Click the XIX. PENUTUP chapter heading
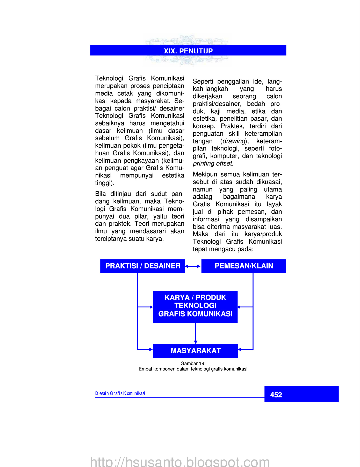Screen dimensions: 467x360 (188, 51)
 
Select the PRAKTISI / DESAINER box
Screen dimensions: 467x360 (142, 266)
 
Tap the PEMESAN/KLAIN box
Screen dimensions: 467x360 (244, 266)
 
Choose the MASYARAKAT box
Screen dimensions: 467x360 (196, 351)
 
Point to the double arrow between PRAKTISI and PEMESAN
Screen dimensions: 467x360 (193, 266)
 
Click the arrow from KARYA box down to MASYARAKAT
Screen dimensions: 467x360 (196, 334)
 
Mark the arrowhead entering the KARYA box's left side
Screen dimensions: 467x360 (151, 307)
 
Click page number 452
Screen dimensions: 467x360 (276, 395)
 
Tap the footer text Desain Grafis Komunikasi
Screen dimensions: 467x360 (120, 393)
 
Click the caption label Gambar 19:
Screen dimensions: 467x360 (193, 363)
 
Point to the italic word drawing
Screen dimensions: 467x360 (234, 141)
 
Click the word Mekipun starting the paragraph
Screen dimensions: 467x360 (205, 174)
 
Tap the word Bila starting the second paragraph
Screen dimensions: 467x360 (100, 194)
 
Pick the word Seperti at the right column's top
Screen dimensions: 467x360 (203, 81)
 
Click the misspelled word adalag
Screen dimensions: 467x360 (202, 197)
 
